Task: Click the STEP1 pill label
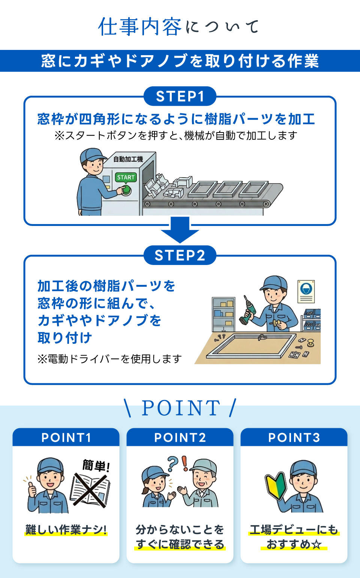point(180,96)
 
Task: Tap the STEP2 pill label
point(180,255)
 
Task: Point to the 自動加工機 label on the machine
point(128,159)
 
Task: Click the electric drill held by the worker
point(248,310)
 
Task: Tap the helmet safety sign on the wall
point(306,291)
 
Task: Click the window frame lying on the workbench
point(251,346)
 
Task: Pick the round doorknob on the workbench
point(310,343)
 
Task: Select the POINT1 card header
point(66,437)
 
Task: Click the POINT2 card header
point(180,437)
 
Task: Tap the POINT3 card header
point(294,437)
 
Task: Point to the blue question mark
point(172,464)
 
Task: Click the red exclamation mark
point(184,464)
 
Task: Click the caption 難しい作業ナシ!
point(66,530)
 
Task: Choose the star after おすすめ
point(316,545)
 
